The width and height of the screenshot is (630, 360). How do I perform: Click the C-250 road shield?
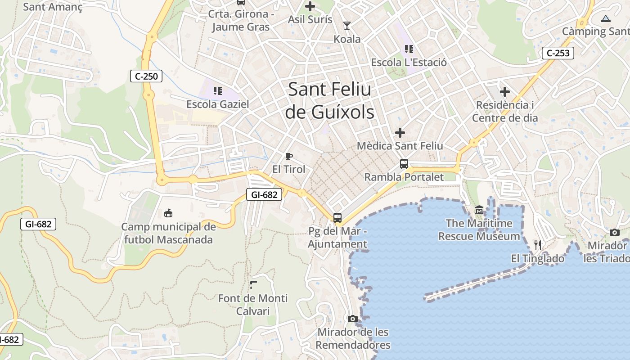[146, 76]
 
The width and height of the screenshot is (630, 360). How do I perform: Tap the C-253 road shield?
[558, 53]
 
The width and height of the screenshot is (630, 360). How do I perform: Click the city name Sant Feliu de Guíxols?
[330, 100]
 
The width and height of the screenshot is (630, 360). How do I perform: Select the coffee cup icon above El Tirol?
[288, 157]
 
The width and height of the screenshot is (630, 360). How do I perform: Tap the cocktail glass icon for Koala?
[346, 25]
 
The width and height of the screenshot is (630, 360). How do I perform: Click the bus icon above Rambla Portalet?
[404, 164]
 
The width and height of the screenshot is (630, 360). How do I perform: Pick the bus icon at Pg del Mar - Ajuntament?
[337, 218]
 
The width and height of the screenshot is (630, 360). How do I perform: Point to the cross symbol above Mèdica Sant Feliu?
[400, 133]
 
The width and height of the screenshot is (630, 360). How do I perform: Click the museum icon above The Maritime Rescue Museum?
[479, 210]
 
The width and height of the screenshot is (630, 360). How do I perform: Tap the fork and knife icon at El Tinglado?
[537, 245]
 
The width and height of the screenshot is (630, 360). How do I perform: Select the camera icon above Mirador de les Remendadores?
[353, 319]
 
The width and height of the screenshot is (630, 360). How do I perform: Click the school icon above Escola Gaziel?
[218, 91]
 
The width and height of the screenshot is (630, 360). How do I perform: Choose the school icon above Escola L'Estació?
[409, 49]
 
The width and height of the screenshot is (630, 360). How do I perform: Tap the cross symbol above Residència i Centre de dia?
[505, 92]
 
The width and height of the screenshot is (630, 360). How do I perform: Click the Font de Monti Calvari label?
[252, 305]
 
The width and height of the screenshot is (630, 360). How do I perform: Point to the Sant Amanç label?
[53, 7]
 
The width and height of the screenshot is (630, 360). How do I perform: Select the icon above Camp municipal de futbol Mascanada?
[168, 213]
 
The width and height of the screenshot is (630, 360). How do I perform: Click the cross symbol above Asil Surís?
[310, 6]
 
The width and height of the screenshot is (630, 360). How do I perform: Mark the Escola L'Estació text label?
[409, 63]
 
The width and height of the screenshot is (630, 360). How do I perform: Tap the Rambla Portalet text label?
[404, 177]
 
